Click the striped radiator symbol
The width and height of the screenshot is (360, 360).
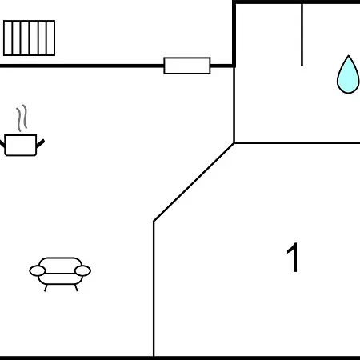coord(29,38)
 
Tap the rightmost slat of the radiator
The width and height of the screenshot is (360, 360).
coord(50,38)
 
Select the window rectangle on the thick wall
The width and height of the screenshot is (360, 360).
coord(187,66)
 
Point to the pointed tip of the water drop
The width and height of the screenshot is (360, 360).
coord(348,55)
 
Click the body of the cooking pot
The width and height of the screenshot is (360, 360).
coord(21,145)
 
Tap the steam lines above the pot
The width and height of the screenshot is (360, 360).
coord(22,118)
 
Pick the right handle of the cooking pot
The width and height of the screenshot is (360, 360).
coord(40,144)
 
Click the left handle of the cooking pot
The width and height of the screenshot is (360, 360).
coord(2,144)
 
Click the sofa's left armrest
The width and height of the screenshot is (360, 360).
coord(38,270)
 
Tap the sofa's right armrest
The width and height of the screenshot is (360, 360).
coord(82,270)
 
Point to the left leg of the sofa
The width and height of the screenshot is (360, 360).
coord(46,288)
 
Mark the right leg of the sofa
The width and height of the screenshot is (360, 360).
coord(76,288)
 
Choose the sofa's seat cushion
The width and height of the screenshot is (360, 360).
coord(60,279)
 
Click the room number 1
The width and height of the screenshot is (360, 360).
coord(292,258)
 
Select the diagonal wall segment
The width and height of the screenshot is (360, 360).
coord(194,182)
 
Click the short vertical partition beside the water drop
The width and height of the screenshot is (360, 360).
coord(302,34)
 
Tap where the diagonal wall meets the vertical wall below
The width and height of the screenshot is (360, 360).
coord(154,221)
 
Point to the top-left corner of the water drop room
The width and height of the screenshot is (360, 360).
coord(234,2)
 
